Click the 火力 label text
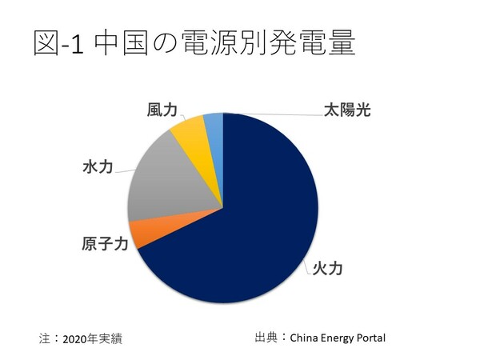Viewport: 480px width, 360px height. pyautogui.click(x=327, y=269)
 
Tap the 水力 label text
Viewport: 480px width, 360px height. pyautogui.click(x=97, y=168)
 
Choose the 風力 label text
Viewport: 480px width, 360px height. pyautogui.click(x=162, y=110)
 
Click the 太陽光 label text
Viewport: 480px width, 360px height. pyautogui.click(x=347, y=110)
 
